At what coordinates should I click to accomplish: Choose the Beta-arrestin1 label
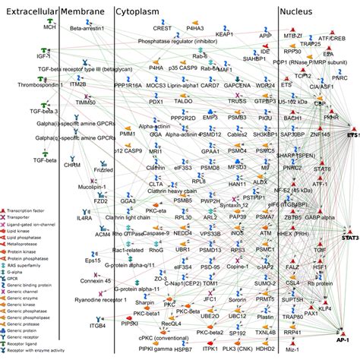86,29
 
